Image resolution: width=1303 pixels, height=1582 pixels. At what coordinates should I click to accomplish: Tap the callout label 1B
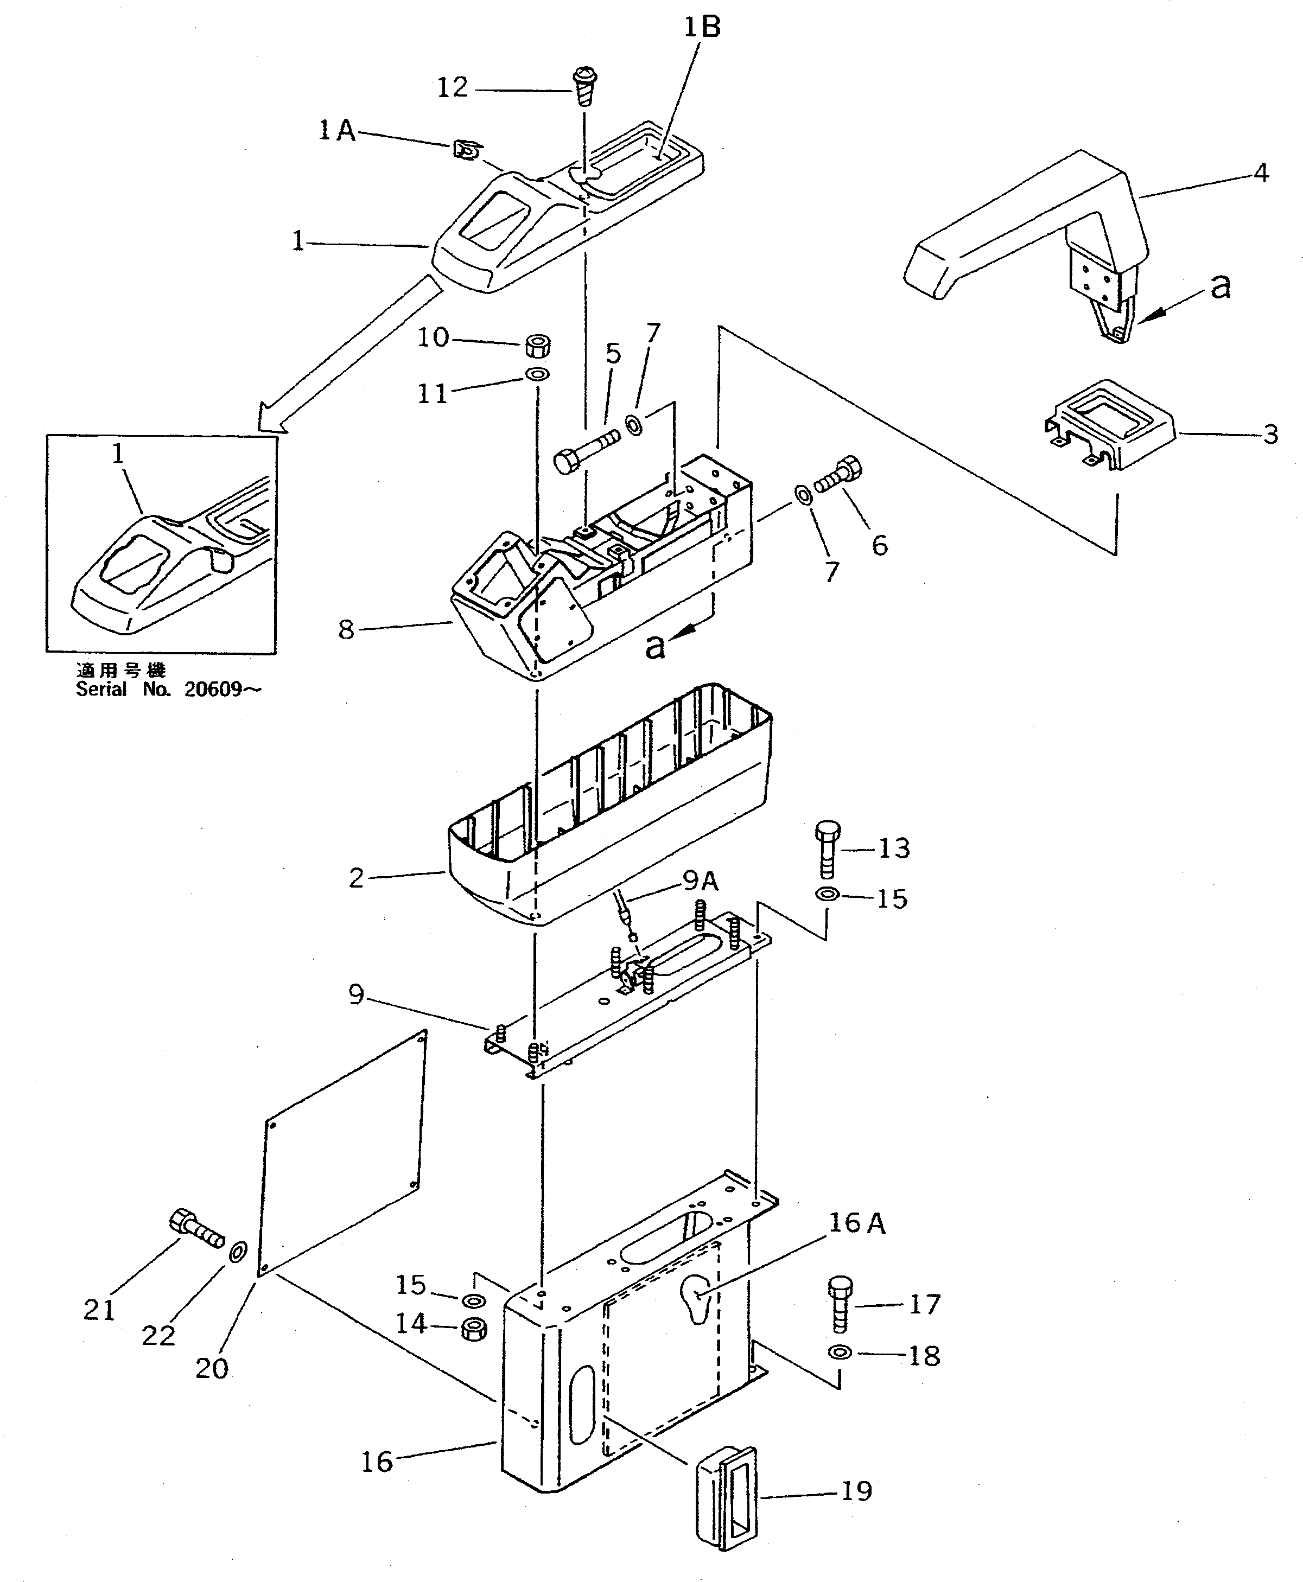702,28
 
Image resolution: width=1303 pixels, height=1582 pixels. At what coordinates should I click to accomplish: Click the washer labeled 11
537,374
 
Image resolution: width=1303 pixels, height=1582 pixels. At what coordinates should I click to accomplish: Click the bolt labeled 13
827,848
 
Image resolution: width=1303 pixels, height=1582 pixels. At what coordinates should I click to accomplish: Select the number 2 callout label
356,877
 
